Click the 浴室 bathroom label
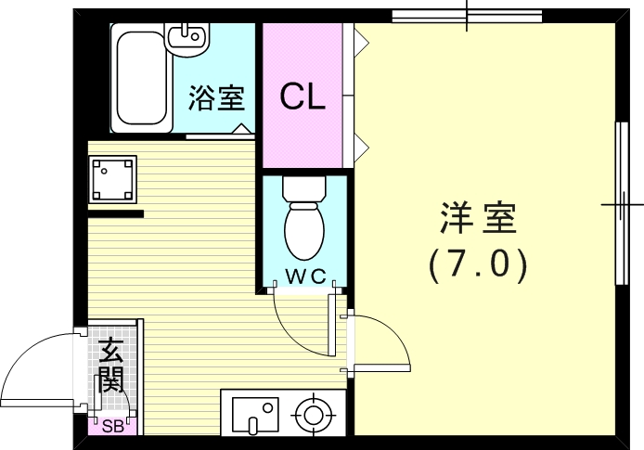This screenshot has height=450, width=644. coord(215,98)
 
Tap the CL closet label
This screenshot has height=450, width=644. coord(303,97)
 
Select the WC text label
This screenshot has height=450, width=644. coord(303,275)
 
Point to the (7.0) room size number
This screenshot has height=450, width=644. coord(478,266)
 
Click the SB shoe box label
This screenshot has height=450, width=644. coord(112,427)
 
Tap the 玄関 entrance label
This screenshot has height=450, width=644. coord(111,366)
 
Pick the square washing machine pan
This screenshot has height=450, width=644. coord(112,178)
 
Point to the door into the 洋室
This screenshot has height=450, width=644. coord(380,343)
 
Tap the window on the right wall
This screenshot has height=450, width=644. coord(622,201)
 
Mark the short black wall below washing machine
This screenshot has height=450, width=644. coord(115,214)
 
